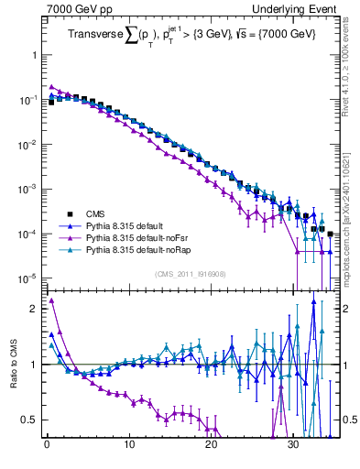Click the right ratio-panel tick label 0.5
coord(350,420)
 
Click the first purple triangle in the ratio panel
coord(51,300)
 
